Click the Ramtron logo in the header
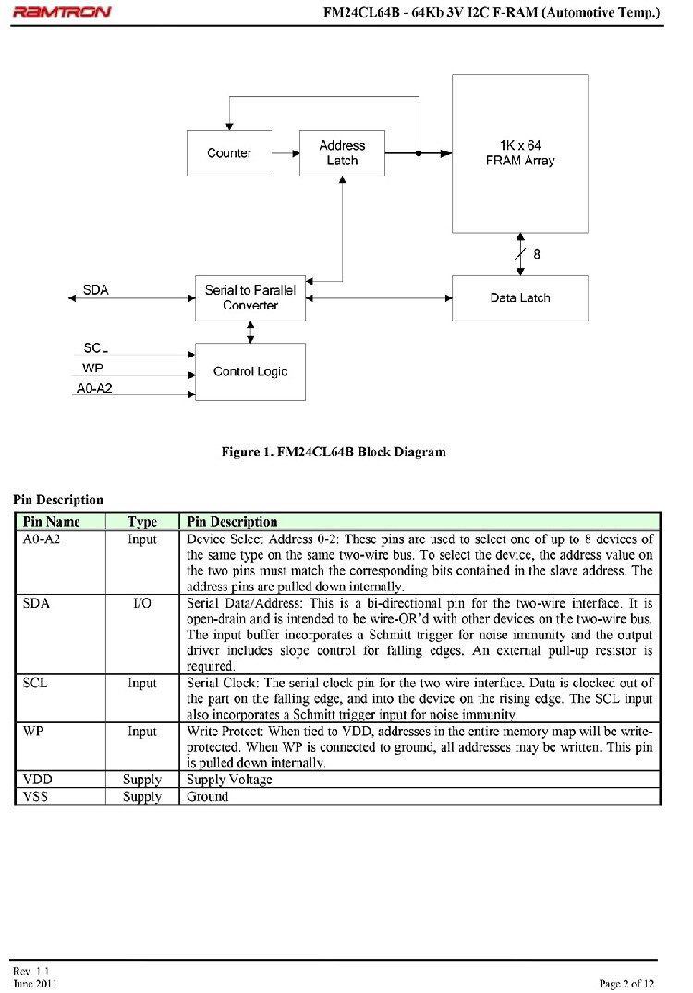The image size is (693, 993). coord(62,12)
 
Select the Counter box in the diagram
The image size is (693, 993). coord(229,153)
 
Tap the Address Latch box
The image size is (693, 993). coord(342,153)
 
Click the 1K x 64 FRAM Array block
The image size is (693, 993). coord(519,153)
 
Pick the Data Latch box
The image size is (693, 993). coord(519,298)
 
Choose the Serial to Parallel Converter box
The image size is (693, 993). coord(249,298)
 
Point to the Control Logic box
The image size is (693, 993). coord(249,372)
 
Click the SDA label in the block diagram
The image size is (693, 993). coord(95,290)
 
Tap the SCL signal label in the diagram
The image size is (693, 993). coord(95,348)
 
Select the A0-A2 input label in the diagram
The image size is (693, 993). coord(92,390)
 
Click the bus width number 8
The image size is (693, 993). coord(537,254)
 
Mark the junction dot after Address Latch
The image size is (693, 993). coord(419,153)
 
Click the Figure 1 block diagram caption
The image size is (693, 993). coord(333,453)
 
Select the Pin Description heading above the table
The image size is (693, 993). coord(58,500)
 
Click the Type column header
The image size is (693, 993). coord(141,522)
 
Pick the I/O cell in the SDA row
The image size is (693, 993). coord(141,602)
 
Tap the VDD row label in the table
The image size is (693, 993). coord(38,780)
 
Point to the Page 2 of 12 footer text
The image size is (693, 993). coord(627,983)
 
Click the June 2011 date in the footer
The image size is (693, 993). coord(35,983)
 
